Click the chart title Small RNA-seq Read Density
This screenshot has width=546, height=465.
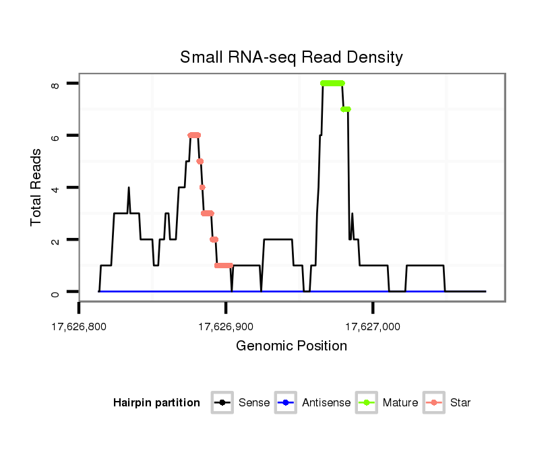pos(291,57)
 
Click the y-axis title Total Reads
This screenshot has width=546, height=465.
pos(37,187)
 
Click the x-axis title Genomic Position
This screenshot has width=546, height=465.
pos(291,346)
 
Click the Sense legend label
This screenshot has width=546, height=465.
pos(254,403)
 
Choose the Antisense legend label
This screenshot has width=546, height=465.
pos(326,403)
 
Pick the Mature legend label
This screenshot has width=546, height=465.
pos(400,403)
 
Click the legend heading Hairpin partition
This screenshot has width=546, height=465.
pos(156,403)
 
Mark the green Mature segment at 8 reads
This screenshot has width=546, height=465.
pos(332,83)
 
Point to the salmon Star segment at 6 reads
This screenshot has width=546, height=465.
pos(194,135)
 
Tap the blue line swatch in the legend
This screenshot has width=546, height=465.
pos(286,403)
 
